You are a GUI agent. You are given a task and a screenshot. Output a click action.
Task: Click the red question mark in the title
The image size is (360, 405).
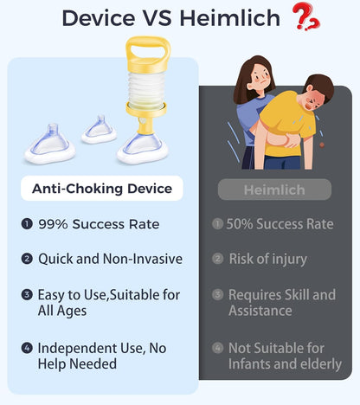pos(305,16)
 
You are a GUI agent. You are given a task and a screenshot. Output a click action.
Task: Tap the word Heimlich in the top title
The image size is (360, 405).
pos(229,18)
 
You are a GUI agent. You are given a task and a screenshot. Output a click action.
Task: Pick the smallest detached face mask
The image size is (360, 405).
pos(99,131)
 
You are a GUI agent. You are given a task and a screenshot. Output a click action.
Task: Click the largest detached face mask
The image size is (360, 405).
pos(50,145)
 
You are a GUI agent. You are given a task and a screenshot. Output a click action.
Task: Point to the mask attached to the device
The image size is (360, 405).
pos(143,148)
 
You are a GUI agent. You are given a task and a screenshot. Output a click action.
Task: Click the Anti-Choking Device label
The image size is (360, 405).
pos(102,189)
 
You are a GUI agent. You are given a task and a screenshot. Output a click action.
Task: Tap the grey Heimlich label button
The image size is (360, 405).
pos(274,190)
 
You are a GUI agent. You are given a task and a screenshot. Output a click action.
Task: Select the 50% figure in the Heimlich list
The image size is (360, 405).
pos(240,224)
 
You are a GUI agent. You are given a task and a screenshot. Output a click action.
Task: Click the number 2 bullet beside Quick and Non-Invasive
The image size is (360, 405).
pos(27,259)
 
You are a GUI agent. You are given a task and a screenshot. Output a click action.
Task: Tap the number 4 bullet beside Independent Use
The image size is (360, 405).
pos(27,348)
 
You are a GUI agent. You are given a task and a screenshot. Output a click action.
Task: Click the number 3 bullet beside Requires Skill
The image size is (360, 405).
pos(218,294)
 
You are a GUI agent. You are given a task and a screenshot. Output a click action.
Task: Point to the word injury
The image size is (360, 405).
pos(290,260)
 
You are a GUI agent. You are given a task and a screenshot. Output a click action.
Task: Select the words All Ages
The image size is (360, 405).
pos(62,312)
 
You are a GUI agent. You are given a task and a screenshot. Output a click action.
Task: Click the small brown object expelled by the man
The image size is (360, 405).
pos(322,145)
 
